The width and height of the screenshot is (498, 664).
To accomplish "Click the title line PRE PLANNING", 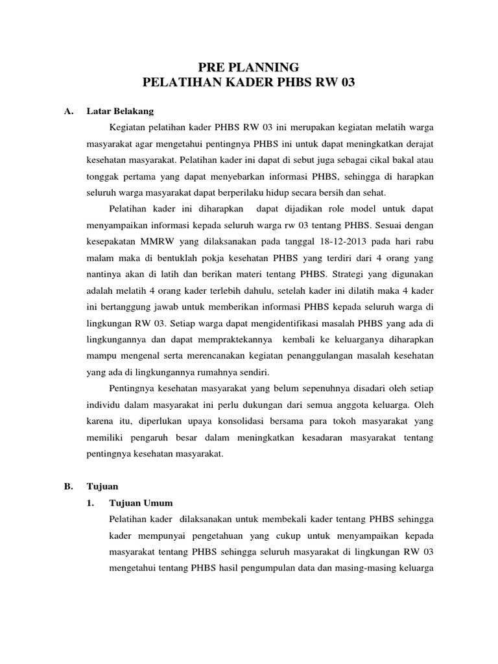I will coord(248,67).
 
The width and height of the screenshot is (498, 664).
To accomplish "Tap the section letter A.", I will coord(67,111).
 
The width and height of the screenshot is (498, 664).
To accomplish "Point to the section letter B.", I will coord(67,485).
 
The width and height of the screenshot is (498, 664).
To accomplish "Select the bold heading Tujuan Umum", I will coord(141,503).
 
